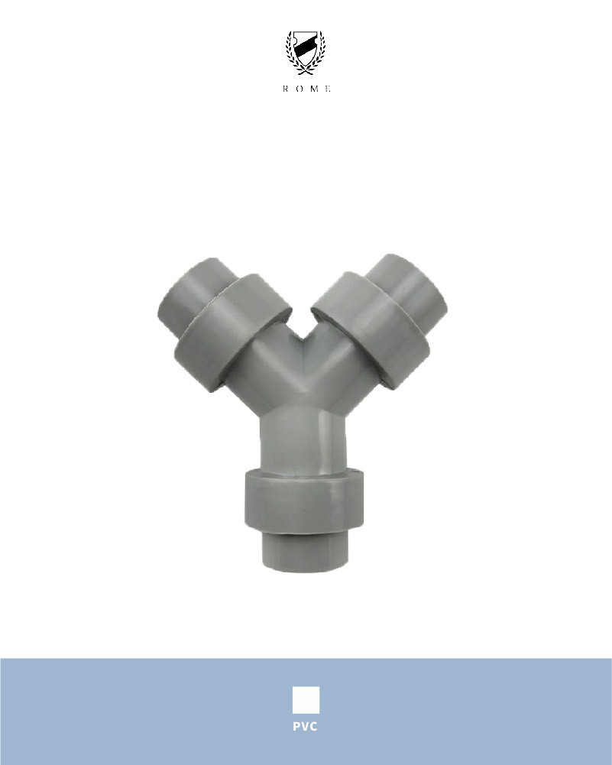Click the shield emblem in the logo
tap(306, 48)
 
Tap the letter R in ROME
tap(285, 89)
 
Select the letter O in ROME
tap(300, 89)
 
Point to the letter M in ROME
tap(315, 89)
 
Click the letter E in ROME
tap(329, 89)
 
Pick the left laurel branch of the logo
tap(293, 53)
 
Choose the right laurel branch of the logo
tap(319, 53)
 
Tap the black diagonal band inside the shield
tap(306, 47)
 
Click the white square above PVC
tap(306, 699)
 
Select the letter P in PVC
tap(296, 727)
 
